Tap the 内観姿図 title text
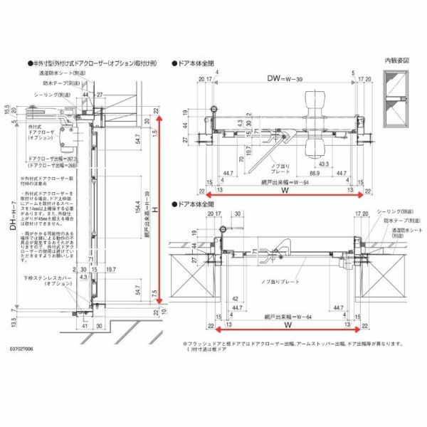396,61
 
